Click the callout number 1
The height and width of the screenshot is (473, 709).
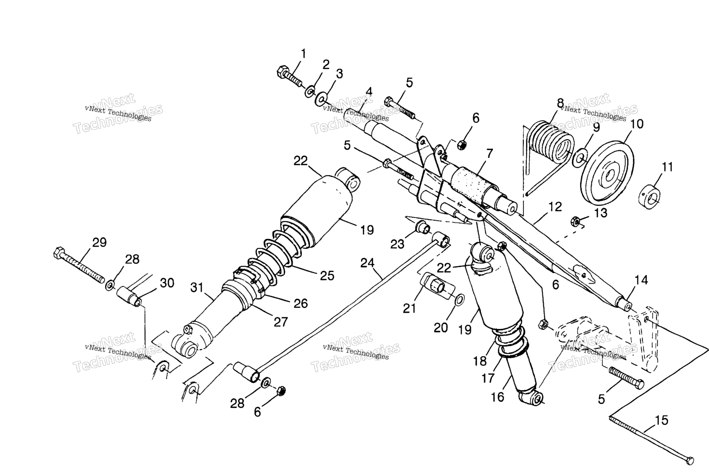[x=304, y=54]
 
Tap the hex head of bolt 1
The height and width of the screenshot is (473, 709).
[x=282, y=72]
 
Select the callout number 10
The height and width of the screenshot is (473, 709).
[x=637, y=124]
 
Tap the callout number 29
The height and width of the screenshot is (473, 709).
[x=99, y=243]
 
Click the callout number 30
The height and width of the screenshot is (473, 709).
[x=167, y=283]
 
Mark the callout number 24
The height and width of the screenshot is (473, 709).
[x=367, y=263]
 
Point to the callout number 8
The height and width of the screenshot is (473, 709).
[x=560, y=103]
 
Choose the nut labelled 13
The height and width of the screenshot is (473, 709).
[x=575, y=221]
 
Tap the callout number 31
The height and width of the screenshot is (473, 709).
[x=197, y=288]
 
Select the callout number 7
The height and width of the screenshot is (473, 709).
[x=490, y=154]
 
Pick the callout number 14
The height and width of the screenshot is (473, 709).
[x=641, y=280]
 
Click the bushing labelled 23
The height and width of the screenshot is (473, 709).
[x=422, y=227]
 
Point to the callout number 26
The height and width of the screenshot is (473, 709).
[x=300, y=303]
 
